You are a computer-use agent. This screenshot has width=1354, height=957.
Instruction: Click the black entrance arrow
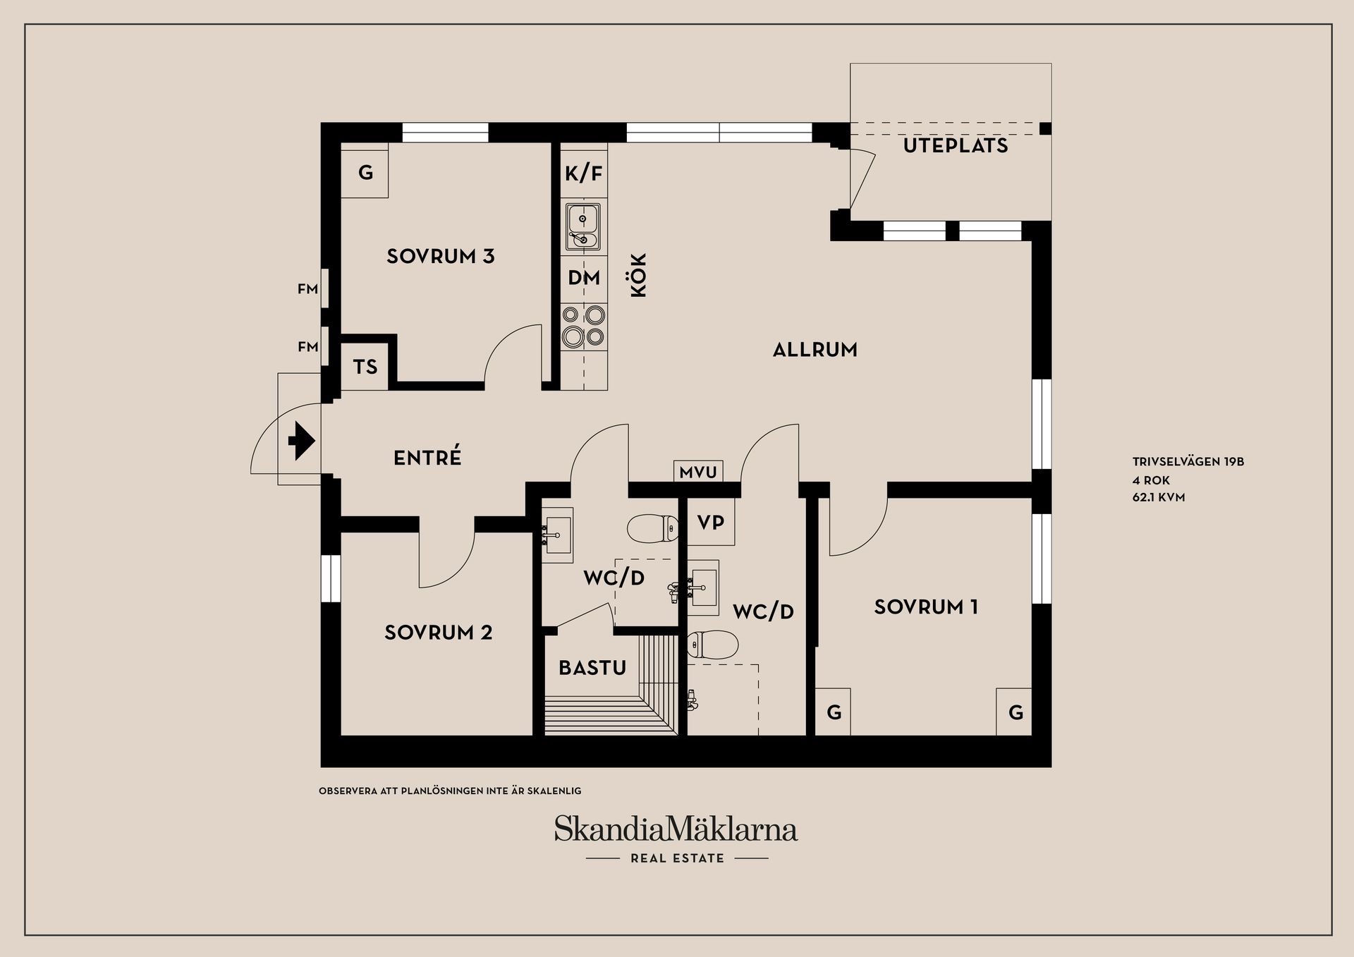pyautogui.click(x=301, y=441)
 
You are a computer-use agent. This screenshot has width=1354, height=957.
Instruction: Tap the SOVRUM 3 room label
pyautogui.click(x=440, y=256)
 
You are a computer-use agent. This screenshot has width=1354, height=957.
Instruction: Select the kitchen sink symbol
pyautogui.click(x=583, y=226)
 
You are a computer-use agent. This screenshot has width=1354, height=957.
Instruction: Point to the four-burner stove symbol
pyautogui.click(x=583, y=326)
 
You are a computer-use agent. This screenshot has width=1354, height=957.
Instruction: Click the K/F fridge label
pyautogui.click(x=584, y=173)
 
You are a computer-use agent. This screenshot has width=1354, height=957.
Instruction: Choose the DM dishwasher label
pyautogui.click(x=584, y=278)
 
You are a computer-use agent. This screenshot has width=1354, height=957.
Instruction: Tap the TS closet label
pyautogui.click(x=365, y=367)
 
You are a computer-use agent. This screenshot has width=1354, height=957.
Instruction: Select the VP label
pyautogui.click(x=711, y=523)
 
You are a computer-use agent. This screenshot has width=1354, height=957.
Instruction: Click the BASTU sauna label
pyautogui.click(x=592, y=668)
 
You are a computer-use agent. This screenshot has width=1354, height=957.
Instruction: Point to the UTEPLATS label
pyautogui.click(x=956, y=146)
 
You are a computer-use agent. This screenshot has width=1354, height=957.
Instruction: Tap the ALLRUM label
pyautogui.click(x=815, y=350)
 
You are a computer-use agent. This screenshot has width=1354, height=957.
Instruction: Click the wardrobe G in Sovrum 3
pyautogui.click(x=365, y=172)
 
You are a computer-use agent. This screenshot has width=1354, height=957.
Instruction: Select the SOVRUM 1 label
pyautogui.click(x=926, y=607)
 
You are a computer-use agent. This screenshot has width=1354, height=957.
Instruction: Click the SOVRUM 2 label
pyautogui.click(x=438, y=633)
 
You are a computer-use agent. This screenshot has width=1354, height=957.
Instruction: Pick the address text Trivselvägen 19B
pyautogui.click(x=1188, y=462)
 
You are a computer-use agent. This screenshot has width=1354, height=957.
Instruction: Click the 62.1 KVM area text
pyautogui.click(x=1158, y=497)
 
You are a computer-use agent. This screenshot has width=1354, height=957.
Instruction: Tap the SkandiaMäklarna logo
pyautogui.click(x=676, y=829)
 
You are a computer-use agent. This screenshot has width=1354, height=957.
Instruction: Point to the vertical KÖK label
pyautogui.click(x=638, y=275)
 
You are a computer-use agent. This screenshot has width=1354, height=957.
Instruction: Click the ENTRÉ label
pyautogui.click(x=427, y=458)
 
